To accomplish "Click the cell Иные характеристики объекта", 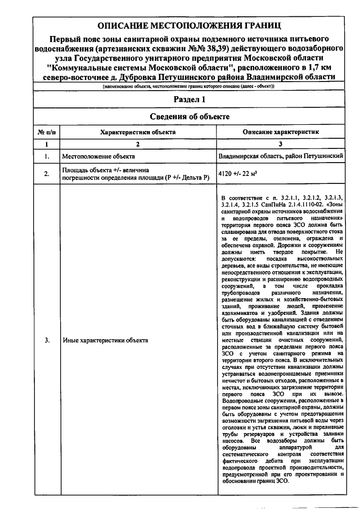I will pos(105,341).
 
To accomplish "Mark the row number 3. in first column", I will pos(47,341).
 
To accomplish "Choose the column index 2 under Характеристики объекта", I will pos(137,144).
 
